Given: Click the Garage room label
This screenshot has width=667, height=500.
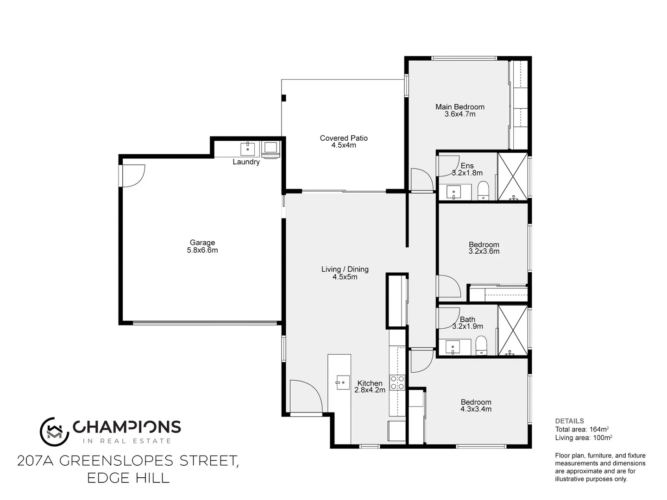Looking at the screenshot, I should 202,246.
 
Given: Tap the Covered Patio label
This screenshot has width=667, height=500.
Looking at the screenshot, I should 344,142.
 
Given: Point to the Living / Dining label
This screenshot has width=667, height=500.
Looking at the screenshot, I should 345,273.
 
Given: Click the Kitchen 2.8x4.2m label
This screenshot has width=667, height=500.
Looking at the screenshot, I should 370,387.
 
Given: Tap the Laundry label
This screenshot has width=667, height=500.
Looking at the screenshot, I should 246,162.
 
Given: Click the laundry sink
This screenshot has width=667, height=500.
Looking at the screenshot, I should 248,149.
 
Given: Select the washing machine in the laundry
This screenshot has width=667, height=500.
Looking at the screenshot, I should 270,149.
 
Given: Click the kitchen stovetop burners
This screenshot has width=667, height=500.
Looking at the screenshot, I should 397,382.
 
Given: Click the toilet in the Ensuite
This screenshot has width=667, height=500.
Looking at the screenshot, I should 483,190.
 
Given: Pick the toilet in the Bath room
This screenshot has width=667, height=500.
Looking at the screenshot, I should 482,345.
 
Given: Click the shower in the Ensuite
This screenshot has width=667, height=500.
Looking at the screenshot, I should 512,176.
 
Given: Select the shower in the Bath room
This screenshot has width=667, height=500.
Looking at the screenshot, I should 512,330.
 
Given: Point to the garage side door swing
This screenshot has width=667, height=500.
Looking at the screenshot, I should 133,176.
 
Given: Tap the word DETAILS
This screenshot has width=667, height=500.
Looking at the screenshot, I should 569,421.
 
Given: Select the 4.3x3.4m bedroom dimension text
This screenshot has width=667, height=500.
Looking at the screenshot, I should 476,409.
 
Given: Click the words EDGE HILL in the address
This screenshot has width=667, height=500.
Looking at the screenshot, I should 128,478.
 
